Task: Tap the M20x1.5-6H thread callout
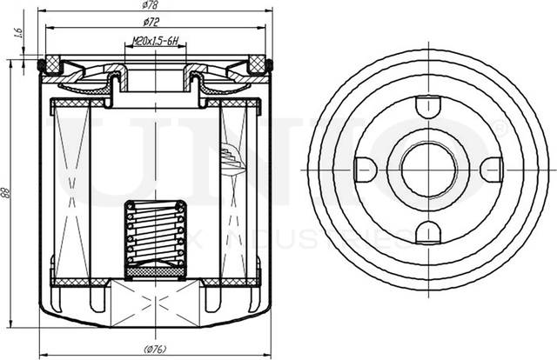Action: pos(156,41)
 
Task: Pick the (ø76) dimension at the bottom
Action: pos(156,350)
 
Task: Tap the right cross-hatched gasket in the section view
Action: pos(258,63)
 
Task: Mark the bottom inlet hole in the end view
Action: pos(424,230)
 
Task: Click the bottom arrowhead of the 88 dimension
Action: pos(21,329)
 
